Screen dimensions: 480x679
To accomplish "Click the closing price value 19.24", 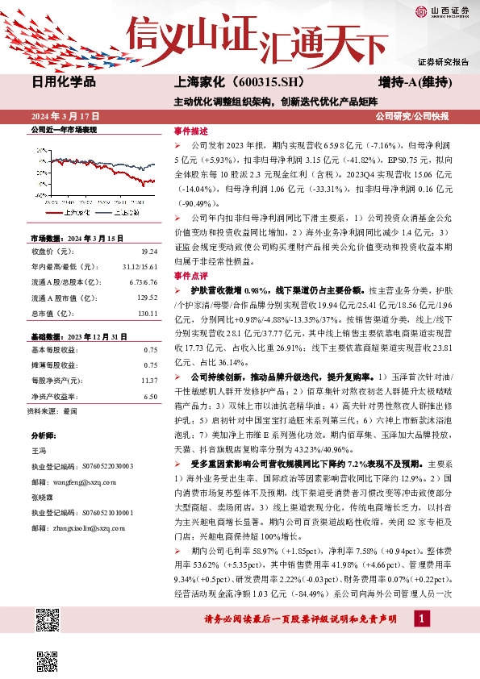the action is click(150, 251).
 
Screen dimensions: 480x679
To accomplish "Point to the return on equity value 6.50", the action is click(150, 397).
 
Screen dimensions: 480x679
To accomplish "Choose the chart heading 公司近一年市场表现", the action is click(64, 130).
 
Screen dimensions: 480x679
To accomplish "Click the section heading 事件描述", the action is click(191, 131).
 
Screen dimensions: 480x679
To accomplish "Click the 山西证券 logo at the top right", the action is click(441, 10).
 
